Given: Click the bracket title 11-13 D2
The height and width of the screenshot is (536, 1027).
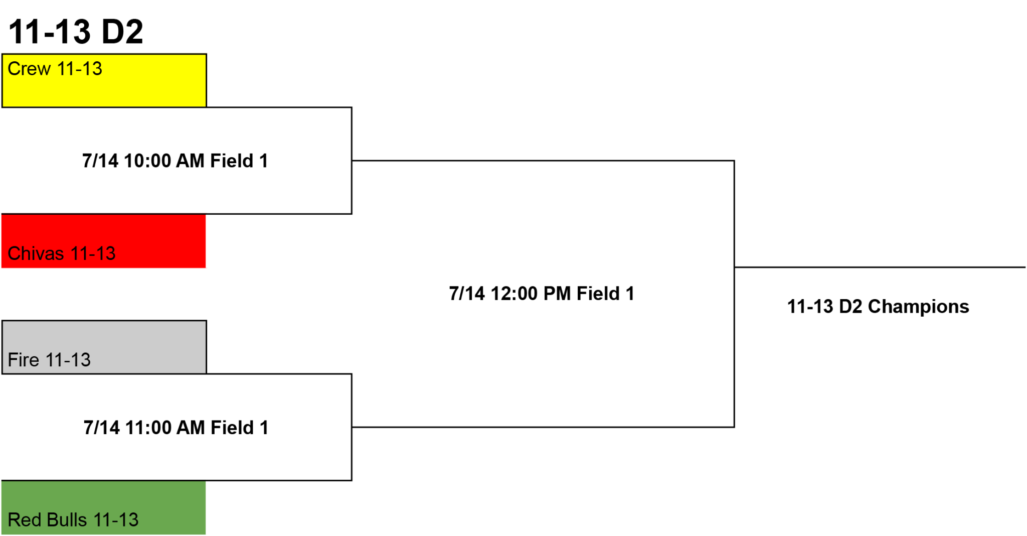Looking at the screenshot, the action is (x=76, y=31).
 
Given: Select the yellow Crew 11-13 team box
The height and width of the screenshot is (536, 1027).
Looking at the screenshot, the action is (x=104, y=80).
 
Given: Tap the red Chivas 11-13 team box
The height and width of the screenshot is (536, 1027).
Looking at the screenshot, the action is (x=104, y=241).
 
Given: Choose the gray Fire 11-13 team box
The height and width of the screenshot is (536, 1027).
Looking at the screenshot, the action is (x=104, y=347).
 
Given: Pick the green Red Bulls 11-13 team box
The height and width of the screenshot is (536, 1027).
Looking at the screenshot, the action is (x=104, y=507).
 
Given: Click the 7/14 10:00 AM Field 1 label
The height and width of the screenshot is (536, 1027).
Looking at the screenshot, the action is (x=175, y=161).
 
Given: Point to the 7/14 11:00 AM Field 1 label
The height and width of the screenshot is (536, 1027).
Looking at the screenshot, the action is (x=176, y=428).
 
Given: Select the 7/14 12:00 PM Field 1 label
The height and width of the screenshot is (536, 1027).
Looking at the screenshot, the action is (x=542, y=294).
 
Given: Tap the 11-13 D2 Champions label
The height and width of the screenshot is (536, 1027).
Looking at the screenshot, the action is (x=878, y=307).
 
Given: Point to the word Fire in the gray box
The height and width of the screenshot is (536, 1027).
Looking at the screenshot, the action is (x=24, y=360).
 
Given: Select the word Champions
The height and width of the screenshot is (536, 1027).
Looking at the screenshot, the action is (x=919, y=307).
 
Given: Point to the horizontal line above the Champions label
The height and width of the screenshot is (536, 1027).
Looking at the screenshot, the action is (x=880, y=267).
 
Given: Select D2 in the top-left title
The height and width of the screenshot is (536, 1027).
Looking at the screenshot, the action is (x=122, y=31).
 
